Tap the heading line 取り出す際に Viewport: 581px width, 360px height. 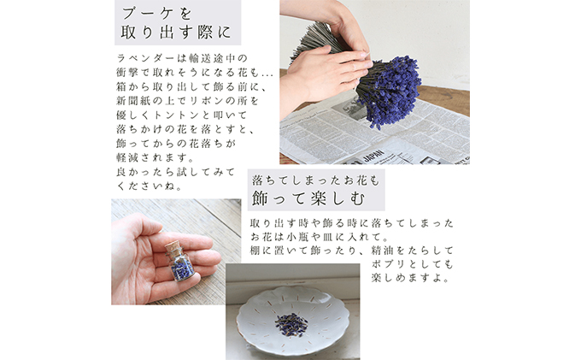pos(176,34)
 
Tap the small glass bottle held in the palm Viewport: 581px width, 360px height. pos(183,264)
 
